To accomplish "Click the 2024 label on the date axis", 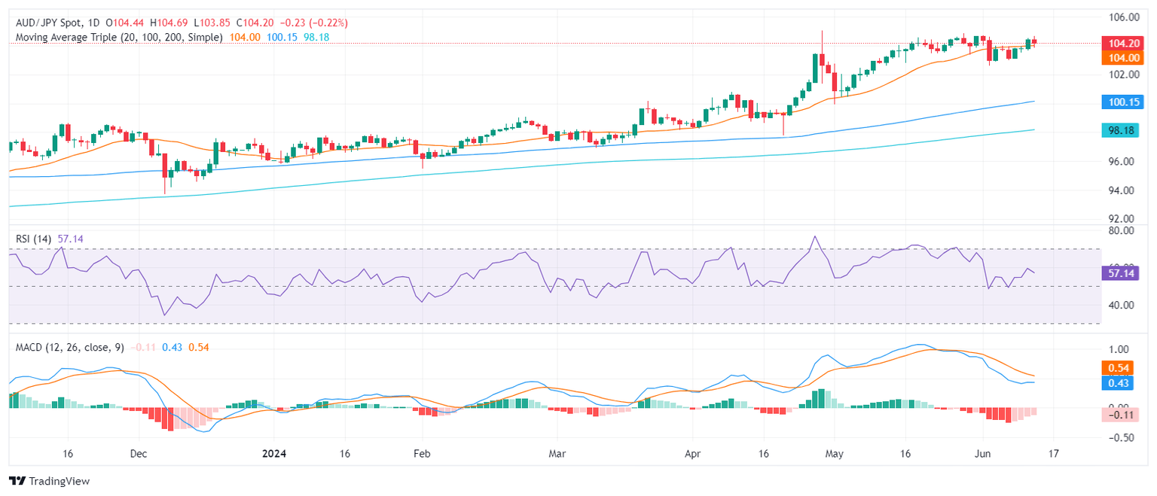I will (x=275, y=455).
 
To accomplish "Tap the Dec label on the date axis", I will (x=139, y=455).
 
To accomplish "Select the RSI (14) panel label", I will (x=33, y=239).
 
